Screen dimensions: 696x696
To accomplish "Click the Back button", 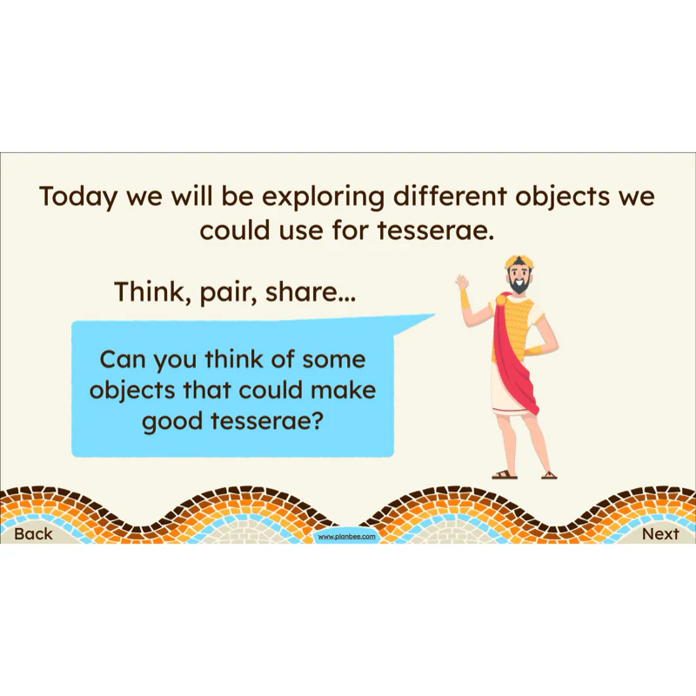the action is [x=33, y=533].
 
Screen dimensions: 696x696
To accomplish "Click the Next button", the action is [x=660, y=533].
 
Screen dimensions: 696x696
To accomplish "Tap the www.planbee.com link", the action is [x=346, y=537].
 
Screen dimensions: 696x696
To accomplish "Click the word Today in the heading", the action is [x=77, y=197].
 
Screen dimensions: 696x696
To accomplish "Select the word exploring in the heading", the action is [x=323, y=197].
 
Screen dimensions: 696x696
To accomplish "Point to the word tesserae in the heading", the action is [x=436, y=231].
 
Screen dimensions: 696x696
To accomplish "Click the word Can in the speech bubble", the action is [x=123, y=359].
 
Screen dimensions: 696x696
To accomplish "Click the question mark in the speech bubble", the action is [x=328, y=420].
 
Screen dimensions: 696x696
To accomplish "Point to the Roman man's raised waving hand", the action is [x=463, y=282].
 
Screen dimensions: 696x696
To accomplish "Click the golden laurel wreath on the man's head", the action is [x=518, y=263].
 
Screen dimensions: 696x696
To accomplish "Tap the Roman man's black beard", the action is [x=519, y=285].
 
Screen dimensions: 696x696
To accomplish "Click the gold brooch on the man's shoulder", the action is [x=501, y=299].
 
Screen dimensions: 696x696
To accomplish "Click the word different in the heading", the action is [x=449, y=196].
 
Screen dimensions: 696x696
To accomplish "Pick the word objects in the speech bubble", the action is [x=132, y=391].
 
